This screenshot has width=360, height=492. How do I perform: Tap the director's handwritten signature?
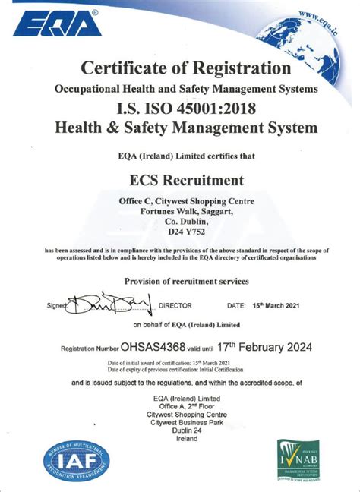click(109, 305)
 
